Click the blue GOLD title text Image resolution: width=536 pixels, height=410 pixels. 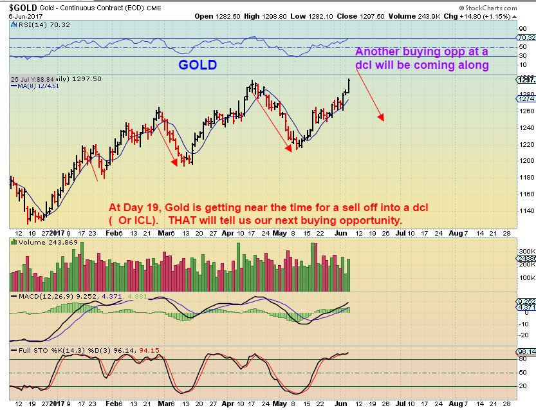(198, 65)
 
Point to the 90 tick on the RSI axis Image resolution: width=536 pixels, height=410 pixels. (522, 29)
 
